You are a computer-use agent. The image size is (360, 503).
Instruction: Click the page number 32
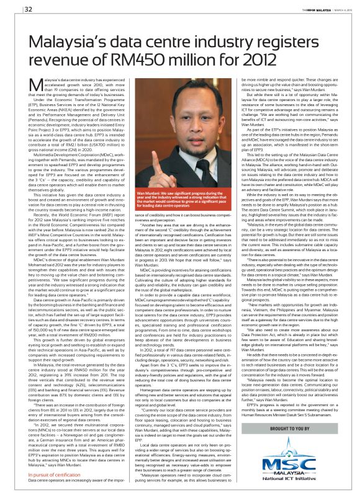point(12,9)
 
